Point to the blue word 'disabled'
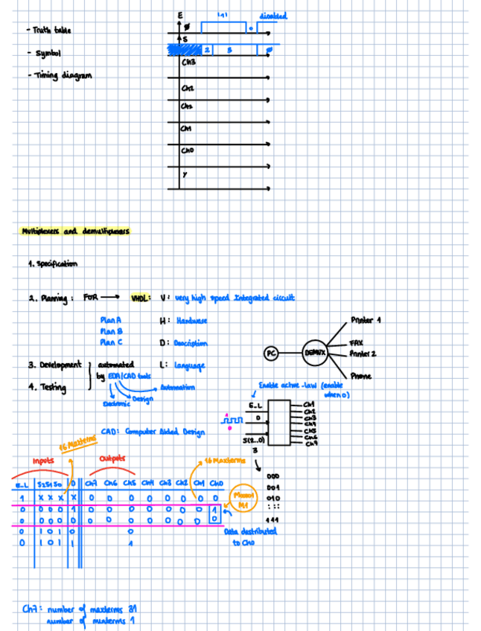(x=273, y=15)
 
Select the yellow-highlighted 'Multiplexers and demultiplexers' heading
(x=75, y=231)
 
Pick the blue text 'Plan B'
(x=110, y=331)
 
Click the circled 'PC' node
(x=273, y=354)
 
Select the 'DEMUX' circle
(x=316, y=354)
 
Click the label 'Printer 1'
(x=365, y=320)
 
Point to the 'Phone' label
(x=360, y=377)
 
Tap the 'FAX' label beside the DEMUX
(x=356, y=343)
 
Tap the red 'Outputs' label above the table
(x=113, y=458)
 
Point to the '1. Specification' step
(x=52, y=264)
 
